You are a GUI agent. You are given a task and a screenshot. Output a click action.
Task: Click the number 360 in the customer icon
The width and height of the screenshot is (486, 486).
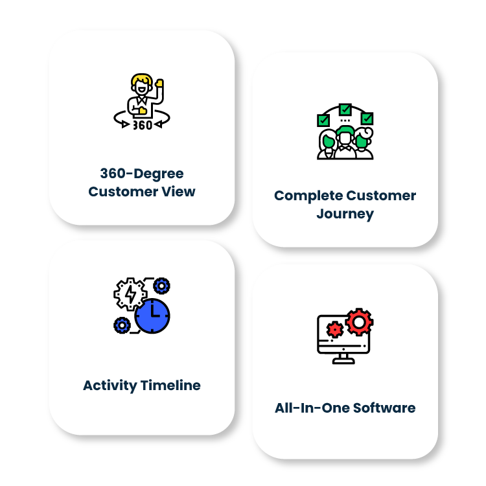pyautogui.click(x=143, y=125)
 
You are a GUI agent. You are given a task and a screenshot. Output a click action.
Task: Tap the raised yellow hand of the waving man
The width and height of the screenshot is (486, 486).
pyautogui.click(x=159, y=84)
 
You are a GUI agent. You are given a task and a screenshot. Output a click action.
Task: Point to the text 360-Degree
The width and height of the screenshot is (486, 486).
pyautogui.click(x=142, y=174)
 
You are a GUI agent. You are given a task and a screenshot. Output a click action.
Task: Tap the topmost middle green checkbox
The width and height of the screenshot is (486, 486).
pyautogui.click(x=345, y=109)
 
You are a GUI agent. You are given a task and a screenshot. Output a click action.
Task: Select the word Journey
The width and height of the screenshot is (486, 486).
pyautogui.click(x=345, y=214)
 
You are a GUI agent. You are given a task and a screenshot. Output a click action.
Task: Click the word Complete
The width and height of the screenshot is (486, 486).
pyautogui.click(x=308, y=196)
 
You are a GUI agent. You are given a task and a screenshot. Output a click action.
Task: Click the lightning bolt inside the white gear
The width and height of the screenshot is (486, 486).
pyautogui.click(x=130, y=295)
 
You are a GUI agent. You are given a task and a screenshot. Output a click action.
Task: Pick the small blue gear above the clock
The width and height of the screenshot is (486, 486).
pyautogui.click(x=161, y=284)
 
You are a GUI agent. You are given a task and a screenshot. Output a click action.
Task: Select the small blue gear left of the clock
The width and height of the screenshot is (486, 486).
pyautogui.click(x=121, y=325)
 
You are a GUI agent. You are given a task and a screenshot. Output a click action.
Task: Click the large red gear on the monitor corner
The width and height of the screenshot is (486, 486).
pyautogui.click(x=358, y=321)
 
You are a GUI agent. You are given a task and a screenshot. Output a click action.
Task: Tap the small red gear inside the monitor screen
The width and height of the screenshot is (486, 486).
pyautogui.click(x=334, y=330)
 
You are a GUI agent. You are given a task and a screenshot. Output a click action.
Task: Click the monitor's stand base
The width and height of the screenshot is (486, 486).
pyautogui.click(x=343, y=361)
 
